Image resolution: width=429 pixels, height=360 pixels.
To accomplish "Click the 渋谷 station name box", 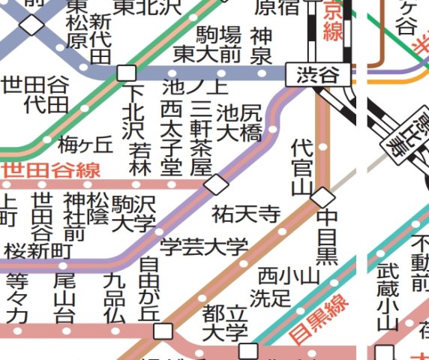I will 318,74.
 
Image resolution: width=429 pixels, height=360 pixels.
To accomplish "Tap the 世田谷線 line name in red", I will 51,170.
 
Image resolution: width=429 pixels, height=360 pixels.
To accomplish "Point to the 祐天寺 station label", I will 245,215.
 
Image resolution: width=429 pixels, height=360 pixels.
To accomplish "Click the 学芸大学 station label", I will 204,247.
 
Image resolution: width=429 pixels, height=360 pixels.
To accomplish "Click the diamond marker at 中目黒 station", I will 322,198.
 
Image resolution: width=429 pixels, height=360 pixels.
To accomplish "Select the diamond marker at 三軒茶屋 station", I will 217,184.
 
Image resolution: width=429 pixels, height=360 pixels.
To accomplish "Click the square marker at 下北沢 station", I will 127,73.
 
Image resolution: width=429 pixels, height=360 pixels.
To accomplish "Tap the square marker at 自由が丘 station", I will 162,331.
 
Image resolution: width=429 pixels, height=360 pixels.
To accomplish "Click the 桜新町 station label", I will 37,250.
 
